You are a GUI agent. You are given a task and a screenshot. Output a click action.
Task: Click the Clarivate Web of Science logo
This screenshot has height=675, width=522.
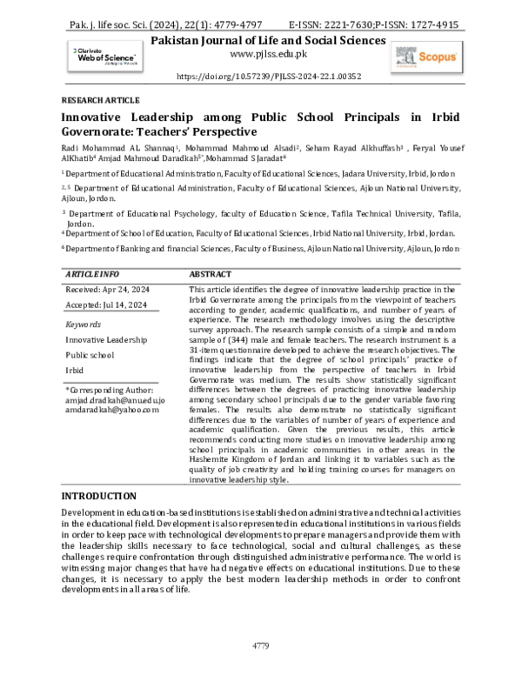(x=96, y=55)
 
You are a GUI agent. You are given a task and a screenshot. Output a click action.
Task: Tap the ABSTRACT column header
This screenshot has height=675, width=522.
(x=209, y=272)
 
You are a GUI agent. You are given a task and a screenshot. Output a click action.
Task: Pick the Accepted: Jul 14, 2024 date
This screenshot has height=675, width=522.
(x=105, y=304)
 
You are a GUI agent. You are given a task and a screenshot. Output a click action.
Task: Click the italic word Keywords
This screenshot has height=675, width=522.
(x=84, y=324)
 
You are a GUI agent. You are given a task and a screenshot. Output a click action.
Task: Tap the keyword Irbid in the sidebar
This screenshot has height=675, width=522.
(x=77, y=371)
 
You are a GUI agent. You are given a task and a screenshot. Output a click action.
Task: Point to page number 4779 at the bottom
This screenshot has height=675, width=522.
(x=261, y=646)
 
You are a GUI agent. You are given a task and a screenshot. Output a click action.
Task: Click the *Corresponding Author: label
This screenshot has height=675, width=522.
(x=109, y=391)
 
